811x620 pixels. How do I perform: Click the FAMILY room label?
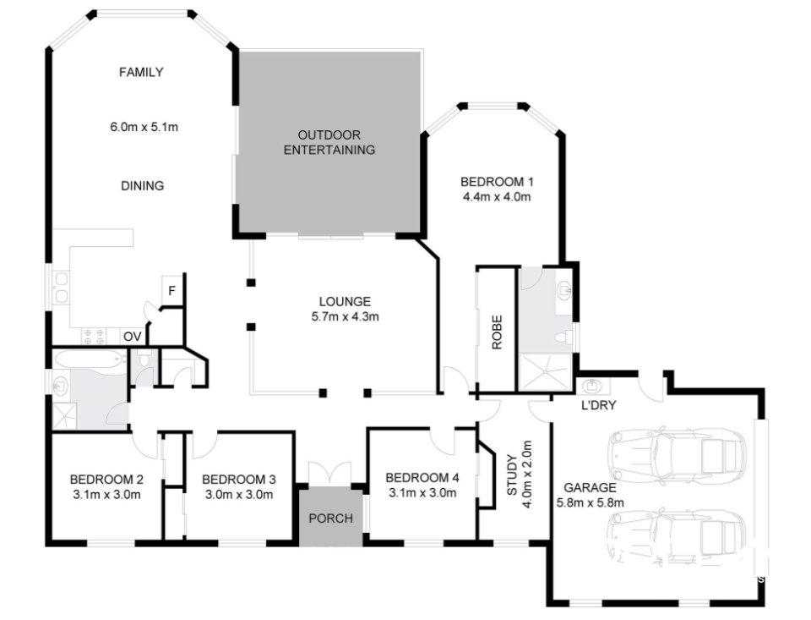(140, 73)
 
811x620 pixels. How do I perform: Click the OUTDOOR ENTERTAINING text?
(329, 143)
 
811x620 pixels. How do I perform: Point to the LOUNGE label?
(345, 301)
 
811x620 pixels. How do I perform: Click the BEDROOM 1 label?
(497, 182)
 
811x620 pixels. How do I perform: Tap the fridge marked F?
(171, 292)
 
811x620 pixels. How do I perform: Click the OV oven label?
(133, 337)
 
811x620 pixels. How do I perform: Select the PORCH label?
(330, 518)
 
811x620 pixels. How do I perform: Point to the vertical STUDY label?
(511, 479)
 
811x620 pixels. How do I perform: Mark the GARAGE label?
(590, 488)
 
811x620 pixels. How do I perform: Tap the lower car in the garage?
(676, 539)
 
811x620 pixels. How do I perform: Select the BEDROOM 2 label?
(106, 477)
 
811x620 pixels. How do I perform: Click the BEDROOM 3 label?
(238, 477)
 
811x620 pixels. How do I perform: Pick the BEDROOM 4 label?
(422, 477)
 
